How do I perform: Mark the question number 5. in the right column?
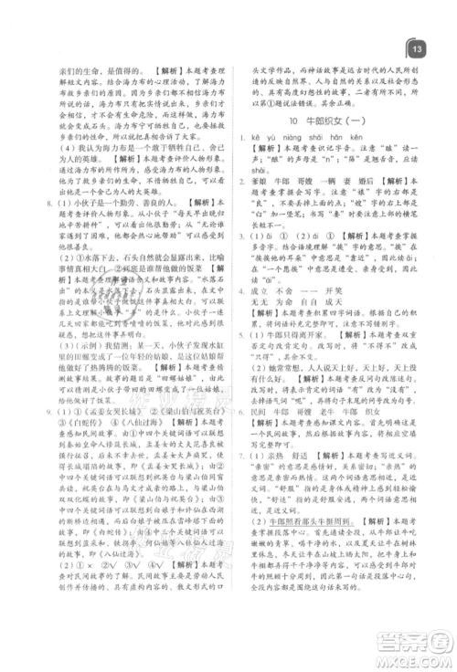(x=239, y=360)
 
